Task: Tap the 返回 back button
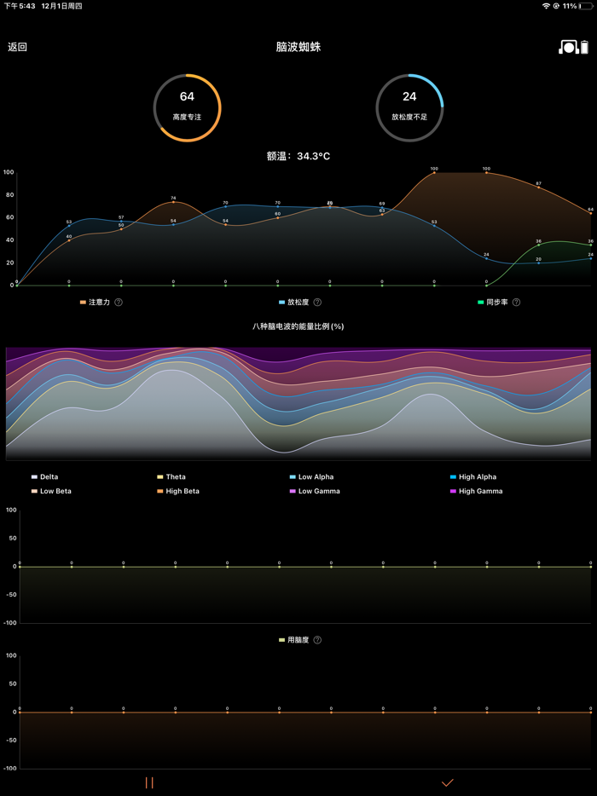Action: [17, 47]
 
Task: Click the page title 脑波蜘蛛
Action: [298, 47]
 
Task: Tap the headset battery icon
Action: [573, 47]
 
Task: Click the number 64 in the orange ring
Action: [187, 97]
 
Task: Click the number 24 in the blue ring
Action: [409, 97]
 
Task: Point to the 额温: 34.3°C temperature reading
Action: [298, 156]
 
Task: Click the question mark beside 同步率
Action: [516, 303]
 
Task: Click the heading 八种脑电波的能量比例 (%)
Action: [298, 326]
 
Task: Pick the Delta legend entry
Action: [48, 477]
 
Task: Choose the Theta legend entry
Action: [175, 477]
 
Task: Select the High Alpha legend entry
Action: [477, 477]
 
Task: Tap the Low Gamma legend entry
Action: [318, 492]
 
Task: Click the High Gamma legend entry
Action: [480, 492]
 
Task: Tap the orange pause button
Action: [149, 782]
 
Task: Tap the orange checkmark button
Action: [447, 782]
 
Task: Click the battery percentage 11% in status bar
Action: [570, 6]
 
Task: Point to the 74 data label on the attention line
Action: [173, 198]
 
